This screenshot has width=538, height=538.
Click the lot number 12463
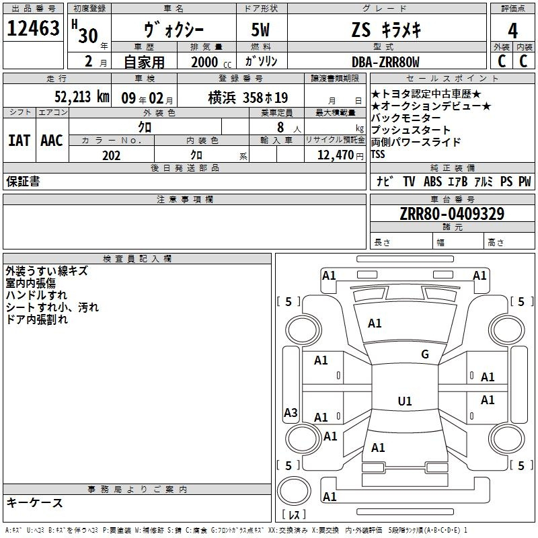point(33,28)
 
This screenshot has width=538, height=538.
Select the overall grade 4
point(512,31)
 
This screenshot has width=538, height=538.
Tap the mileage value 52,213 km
point(82,97)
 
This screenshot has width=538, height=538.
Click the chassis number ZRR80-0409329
point(452,213)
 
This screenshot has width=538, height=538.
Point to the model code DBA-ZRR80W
point(385,62)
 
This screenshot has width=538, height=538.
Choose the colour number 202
point(111,155)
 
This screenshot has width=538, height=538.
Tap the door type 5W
point(260,30)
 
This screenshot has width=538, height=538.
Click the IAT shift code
point(19,141)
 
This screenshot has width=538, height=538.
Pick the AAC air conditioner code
point(52,141)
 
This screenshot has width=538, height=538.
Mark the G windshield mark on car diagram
point(425,354)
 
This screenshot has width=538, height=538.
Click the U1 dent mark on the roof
point(405,401)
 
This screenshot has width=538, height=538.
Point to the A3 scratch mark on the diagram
point(291,412)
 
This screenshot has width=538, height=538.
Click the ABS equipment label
point(432,182)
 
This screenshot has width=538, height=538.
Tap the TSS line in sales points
point(378,155)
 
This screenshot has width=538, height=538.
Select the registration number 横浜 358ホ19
point(247,98)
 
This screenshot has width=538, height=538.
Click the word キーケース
point(34,502)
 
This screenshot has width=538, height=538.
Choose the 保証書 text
point(23,181)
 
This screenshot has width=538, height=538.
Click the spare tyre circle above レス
point(294,491)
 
